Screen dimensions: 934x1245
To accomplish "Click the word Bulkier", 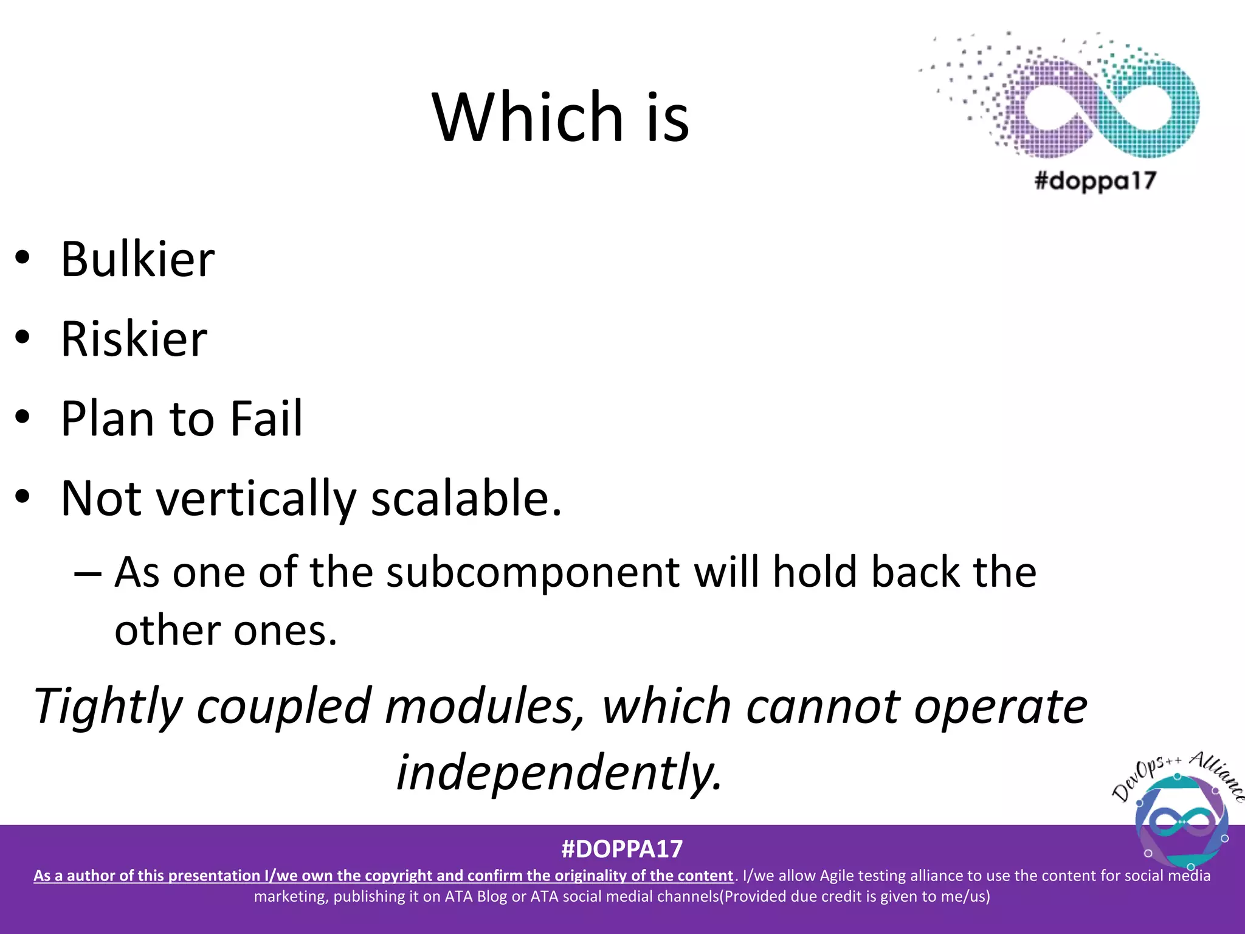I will click(137, 260).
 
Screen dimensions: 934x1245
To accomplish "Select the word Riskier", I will click(134, 339).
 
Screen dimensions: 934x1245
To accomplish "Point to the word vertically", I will click(255, 499).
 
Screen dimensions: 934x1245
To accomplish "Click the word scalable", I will click(466, 499).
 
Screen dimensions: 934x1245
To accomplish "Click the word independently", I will click(559, 772).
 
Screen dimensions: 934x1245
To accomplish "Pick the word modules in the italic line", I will click(484, 707).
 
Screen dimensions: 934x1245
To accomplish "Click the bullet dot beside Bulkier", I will click(22, 258).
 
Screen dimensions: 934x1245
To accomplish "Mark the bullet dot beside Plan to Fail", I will click(22, 417).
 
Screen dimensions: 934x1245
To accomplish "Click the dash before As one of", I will click(88, 573).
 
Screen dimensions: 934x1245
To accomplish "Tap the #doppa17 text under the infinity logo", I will click(1095, 181).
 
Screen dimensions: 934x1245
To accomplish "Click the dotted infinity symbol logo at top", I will click(1088, 97).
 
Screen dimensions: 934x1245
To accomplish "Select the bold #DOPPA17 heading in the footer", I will click(622, 849).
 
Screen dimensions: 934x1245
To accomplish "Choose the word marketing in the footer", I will click(291, 896).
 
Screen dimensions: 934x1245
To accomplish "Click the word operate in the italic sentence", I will click(1001, 707).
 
